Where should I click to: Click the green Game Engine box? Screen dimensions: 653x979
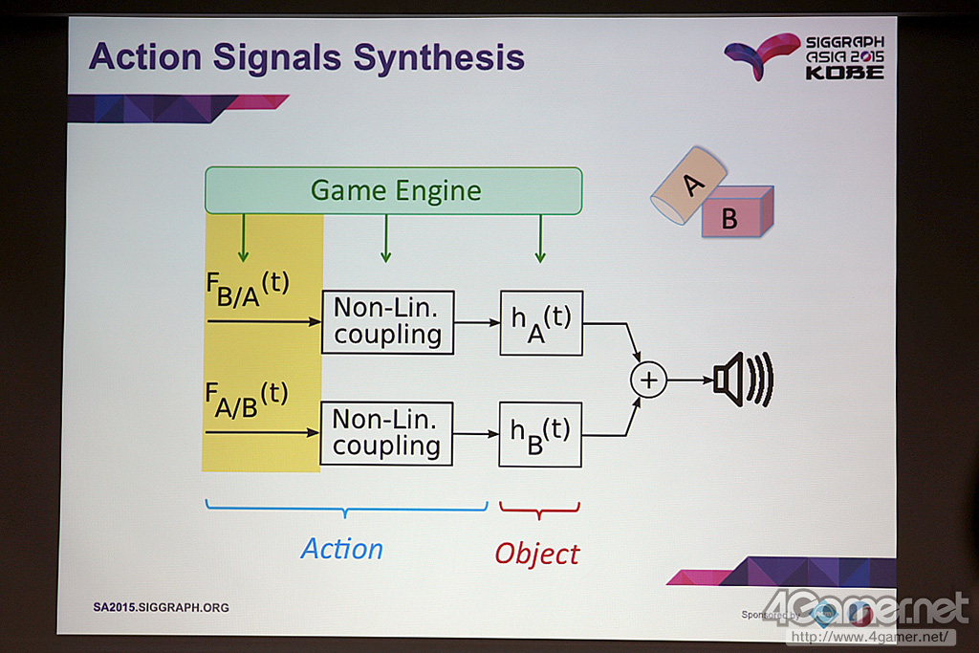click(x=393, y=190)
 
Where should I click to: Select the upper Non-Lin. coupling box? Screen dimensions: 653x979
click(x=387, y=322)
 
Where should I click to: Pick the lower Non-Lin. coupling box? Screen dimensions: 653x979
click(x=386, y=434)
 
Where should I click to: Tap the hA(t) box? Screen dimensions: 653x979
click(x=541, y=322)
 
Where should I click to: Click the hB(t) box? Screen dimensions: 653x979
click(x=540, y=434)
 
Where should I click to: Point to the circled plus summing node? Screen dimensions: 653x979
click(x=648, y=380)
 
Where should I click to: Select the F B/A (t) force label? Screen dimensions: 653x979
click(x=247, y=290)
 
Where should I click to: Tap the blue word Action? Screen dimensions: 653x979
click(x=341, y=549)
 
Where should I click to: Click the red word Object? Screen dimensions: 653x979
click(x=536, y=554)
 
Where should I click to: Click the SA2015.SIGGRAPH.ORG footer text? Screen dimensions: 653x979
click(x=161, y=607)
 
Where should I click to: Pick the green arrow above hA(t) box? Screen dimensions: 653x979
click(x=540, y=238)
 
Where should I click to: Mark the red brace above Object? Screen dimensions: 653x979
click(x=539, y=510)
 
